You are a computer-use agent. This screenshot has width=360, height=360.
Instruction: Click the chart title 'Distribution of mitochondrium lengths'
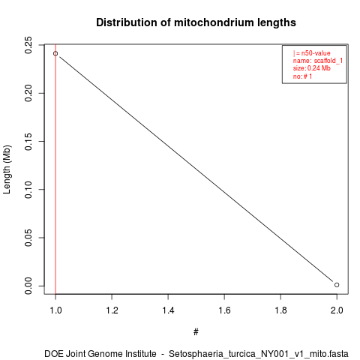coord(196,22)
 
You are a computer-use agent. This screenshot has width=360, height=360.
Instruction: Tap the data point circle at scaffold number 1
coord(55,53)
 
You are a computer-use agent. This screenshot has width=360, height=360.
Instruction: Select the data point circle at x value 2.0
coord(337,285)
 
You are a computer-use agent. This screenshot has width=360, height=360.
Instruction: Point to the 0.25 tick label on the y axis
coord(28,45)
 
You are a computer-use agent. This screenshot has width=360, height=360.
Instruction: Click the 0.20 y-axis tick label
coord(28,93)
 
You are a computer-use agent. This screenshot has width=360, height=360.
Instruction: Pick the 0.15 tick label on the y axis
coord(28,142)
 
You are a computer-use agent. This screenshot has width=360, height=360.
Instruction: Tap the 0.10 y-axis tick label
coord(28,190)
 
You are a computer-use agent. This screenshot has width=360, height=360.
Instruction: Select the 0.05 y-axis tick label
coord(28,238)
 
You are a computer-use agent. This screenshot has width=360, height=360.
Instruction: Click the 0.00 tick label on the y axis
coord(28,286)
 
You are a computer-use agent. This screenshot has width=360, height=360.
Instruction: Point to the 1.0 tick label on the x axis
coord(55,310)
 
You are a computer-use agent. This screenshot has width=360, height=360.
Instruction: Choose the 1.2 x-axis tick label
coord(112,310)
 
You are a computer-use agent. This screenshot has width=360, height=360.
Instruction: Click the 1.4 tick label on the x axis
coord(168,310)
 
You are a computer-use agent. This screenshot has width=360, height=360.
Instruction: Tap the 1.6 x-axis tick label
coord(224,310)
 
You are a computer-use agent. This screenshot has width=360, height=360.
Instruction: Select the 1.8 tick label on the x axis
coord(280,310)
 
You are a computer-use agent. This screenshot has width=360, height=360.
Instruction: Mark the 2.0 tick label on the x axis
coord(337,310)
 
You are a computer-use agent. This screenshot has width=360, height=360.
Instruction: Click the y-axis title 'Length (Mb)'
coord(7,169)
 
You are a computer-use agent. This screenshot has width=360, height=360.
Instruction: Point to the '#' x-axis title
coord(196,332)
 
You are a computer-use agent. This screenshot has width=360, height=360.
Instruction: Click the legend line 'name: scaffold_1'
coord(318,61)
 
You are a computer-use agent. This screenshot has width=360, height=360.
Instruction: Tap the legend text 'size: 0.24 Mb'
coord(312,68)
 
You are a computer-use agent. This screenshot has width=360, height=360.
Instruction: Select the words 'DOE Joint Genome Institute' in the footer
coord(100,354)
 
